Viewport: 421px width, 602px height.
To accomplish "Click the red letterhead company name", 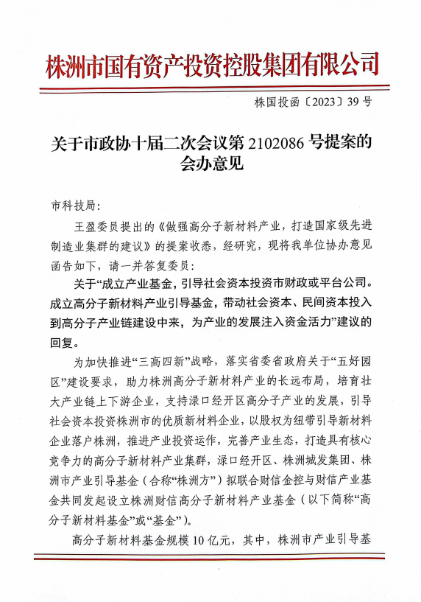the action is click(211, 64).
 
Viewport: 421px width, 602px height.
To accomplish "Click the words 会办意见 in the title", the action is click(210, 164).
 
